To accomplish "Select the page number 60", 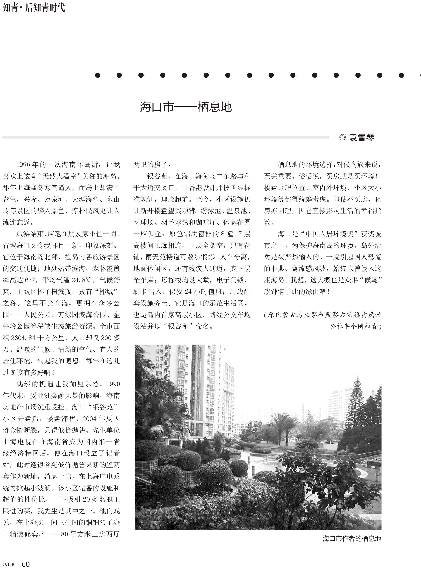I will pos(25,564).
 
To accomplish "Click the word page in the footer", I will pos(9,564).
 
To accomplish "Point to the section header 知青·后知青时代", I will pos(34,8).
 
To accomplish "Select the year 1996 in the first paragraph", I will pos(23,165).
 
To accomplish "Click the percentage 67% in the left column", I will pos(30,280).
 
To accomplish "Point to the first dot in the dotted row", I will pos(97,75).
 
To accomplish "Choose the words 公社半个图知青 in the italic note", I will pos(353,326).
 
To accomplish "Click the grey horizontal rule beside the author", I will pos(166,137).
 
